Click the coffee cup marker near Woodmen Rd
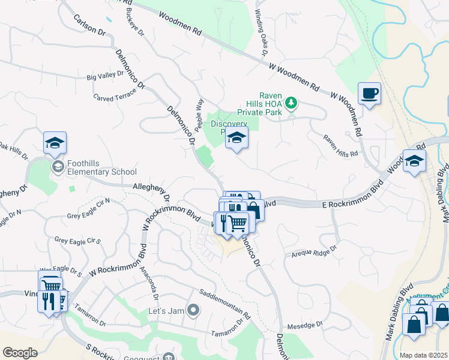(x=370, y=94)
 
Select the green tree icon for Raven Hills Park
(x=291, y=103)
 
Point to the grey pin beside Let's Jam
(x=193, y=310)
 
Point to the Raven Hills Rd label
(x=340, y=145)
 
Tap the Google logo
(x=20, y=353)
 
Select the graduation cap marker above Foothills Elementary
(x=55, y=143)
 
